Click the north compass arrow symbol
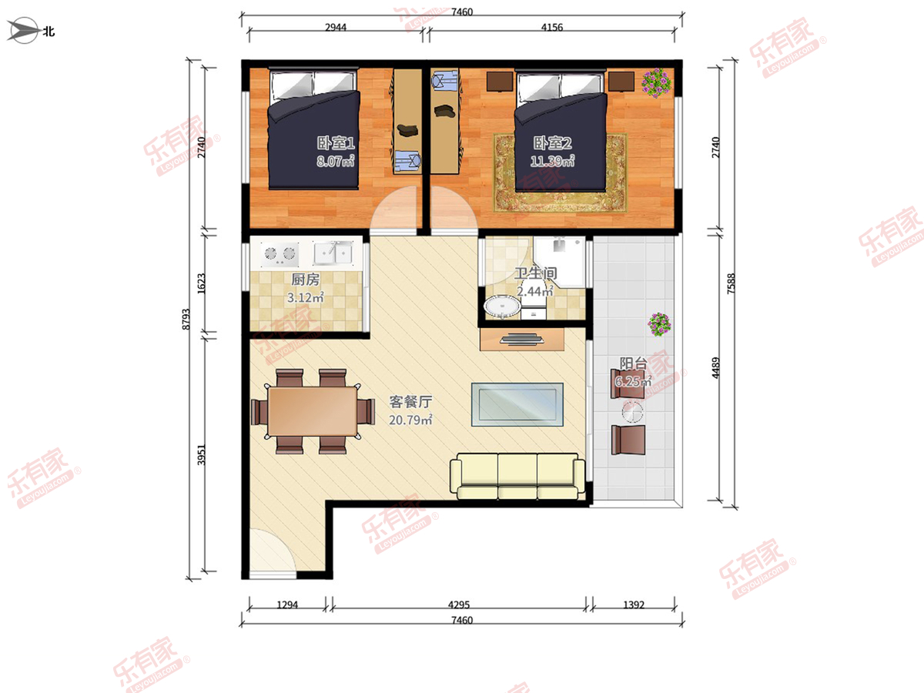[24, 30]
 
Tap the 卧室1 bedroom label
[336, 143]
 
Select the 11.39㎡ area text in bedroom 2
[552, 161]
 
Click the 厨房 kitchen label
[305, 280]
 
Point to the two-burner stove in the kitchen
[279, 254]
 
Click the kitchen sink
[333, 253]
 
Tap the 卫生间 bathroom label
[536, 273]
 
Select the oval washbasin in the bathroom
[502, 306]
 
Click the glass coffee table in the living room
[517, 404]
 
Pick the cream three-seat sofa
[517, 476]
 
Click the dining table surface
[313, 411]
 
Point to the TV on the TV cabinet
[521, 339]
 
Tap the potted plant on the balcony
[659, 324]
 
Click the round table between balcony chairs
[632, 412]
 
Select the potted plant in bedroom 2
[656, 83]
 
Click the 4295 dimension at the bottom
[458, 604]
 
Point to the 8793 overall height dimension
[186, 320]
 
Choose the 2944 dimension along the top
[336, 28]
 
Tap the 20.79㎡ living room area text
[410, 420]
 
